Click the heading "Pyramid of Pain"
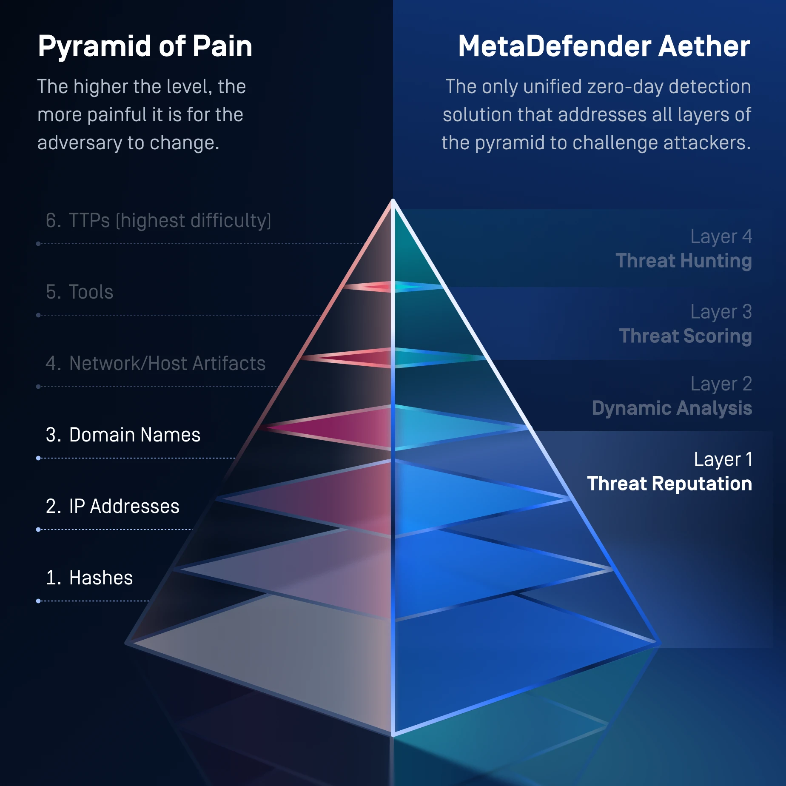pos(145,46)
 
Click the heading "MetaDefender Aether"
pos(604,46)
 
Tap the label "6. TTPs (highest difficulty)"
pos(158,221)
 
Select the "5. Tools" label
pos(80,292)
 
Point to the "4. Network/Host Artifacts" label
pos(156,364)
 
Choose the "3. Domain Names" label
pos(123,435)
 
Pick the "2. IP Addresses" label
pos(113,507)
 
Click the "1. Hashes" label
pos(89,578)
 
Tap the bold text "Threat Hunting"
pos(683,261)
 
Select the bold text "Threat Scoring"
pos(685,336)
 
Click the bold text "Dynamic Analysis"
pos(672,408)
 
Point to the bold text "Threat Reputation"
pos(669,484)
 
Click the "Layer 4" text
pos(721,236)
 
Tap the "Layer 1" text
pos(723,460)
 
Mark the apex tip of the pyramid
pos(393,200)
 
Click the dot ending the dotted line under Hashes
pos(38,601)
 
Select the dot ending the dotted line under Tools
pos(38,315)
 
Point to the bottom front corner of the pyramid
pos(393,733)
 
